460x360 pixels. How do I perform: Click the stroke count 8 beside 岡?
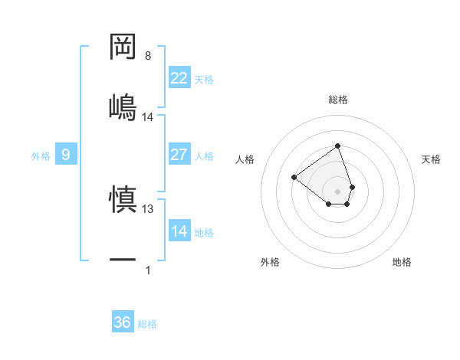click(x=148, y=56)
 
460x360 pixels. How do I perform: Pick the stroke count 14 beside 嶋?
click(x=148, y=116)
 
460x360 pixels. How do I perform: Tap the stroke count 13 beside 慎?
click(x=148, y=208)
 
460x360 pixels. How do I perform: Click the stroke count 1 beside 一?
click(x=148, y=270)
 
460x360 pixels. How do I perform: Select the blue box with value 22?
click(x=179, y=78)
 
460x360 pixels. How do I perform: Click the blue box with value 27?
click(x=179, y=155)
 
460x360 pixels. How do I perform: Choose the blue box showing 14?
click(x=179, y=231)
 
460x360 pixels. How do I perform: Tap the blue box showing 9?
click(x=66, y=155)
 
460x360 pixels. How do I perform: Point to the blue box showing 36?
click(x=123, y=322)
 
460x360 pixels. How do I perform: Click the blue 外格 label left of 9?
click(x=41, y=155)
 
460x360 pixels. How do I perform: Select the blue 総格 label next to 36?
click(x=147, y=323)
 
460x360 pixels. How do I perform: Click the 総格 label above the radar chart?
click(x=337, y=100)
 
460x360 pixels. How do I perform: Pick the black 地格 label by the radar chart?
click(x=402, y=262)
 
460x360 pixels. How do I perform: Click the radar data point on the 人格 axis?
click(x=294, y=177)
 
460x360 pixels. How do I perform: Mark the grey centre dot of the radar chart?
click(x=337, y=191)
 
